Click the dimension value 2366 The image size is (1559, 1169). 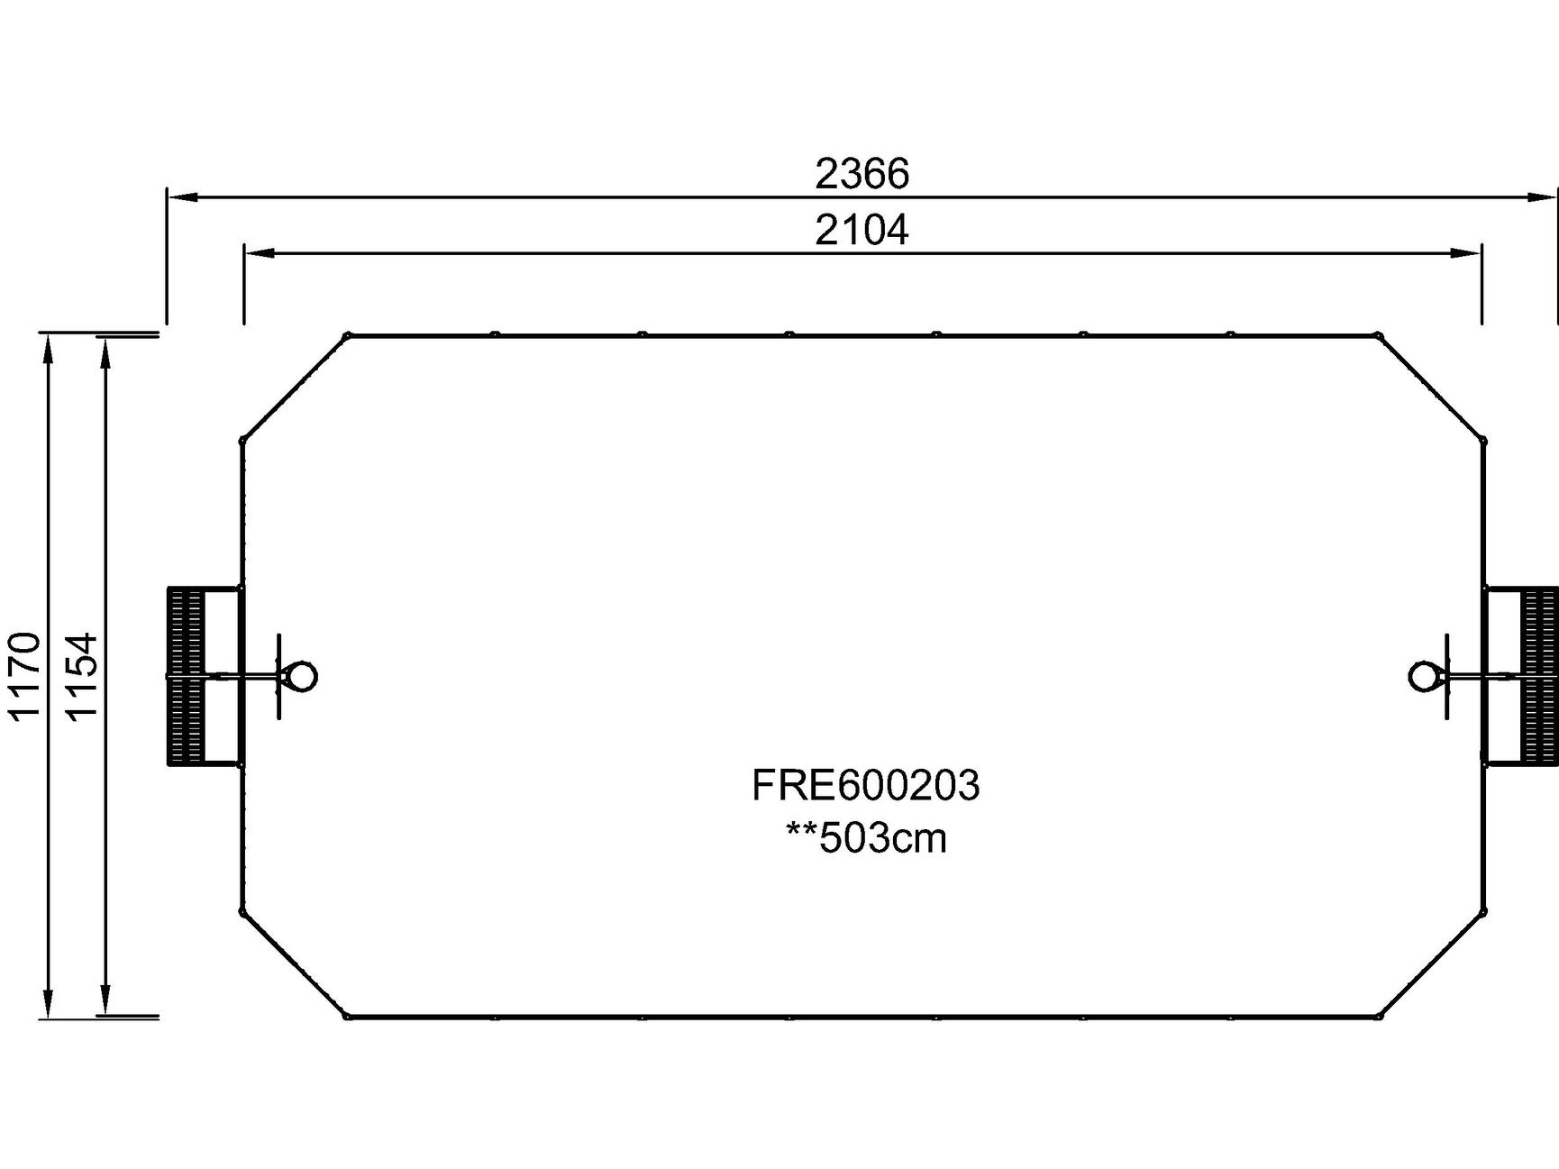[862, 174]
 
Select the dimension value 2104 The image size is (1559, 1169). [862, 231]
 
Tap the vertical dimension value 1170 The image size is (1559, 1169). [25, 675]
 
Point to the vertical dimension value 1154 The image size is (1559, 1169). [82, 675]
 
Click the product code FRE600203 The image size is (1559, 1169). [865, 785]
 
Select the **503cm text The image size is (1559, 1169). [867, 838]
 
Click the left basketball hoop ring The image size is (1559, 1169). [302, 676]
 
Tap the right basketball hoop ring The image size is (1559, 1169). [1424, 676]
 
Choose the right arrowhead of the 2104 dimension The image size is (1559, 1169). [1466, 254]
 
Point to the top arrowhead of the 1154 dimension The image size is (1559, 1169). [105, 353]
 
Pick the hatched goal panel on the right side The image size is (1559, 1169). [1539, 676]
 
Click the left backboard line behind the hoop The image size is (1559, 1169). [280, 676]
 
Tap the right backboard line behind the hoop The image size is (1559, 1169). [1446, 676]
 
